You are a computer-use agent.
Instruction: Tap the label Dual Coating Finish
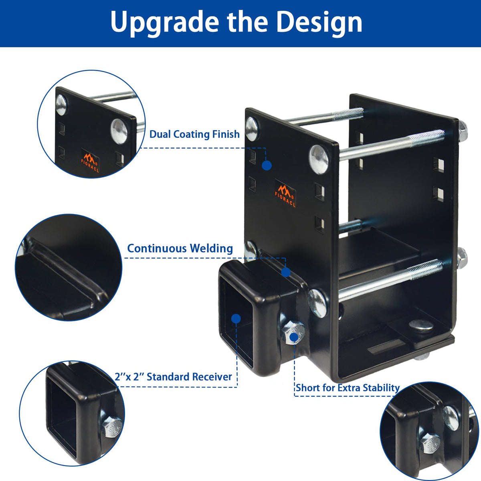coord(194,134)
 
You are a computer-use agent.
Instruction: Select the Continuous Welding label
coord(180,249)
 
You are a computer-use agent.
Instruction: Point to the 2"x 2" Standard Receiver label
coord(174,377)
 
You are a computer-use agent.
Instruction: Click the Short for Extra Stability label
coord(348,388)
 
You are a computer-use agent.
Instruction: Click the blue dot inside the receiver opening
coord(236,319)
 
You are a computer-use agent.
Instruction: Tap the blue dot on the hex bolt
coord(294,337)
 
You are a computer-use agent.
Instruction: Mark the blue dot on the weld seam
coord(286,272)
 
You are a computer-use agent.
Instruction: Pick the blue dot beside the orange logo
coord(267,166)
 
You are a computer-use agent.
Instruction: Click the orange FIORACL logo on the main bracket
coord(285,193)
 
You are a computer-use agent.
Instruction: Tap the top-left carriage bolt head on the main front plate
coord(252,129)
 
